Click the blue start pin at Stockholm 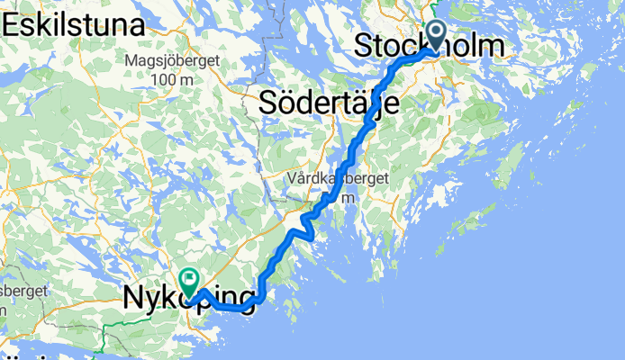(x=436, y=37)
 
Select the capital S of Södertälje (x=268, y=102)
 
